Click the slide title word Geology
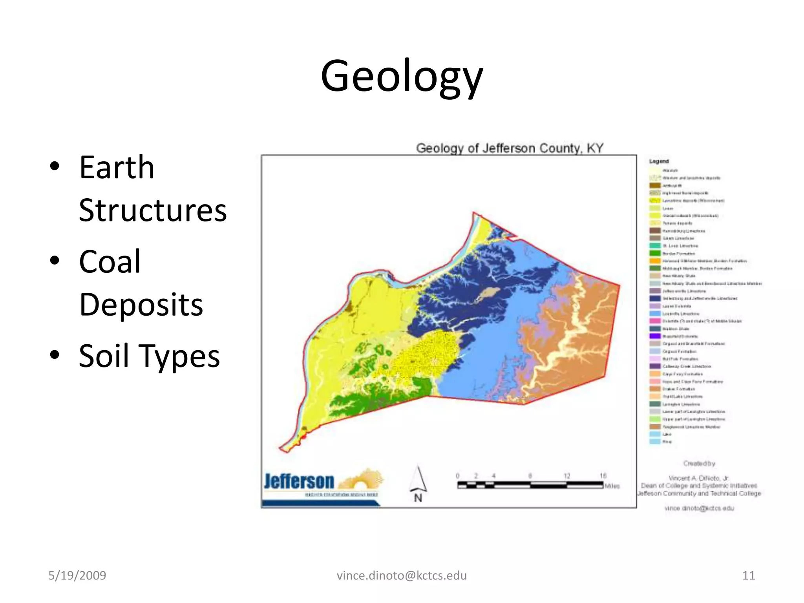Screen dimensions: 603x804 [x=402, y=77]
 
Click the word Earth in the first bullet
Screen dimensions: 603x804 [x=117, y=168]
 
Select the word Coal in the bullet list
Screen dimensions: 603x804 [x=110, y=262]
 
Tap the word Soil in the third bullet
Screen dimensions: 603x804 [x=104, y=356]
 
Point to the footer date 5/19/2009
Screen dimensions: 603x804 [x=77, y=576]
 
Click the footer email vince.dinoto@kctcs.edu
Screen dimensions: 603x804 [x=402, y=576]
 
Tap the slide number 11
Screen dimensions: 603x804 [x=748, y=576]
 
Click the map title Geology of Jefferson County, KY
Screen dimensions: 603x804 [x=509, y=148]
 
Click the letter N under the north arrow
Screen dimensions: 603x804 [x=418, y=498]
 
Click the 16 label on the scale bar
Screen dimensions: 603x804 [x=603, y=476]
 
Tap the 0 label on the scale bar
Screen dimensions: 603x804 [x=458, y=476]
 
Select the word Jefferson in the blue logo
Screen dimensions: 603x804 [x=299, y=481]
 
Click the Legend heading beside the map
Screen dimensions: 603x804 [x=659, y=161]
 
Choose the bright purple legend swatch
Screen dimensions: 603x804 [x=655, y=336]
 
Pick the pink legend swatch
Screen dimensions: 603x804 [x=655, y=321]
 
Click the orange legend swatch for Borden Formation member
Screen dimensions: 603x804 [x=655, y=261]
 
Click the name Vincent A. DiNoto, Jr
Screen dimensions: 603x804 [x=698, y=478]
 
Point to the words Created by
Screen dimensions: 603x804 [x=699, y=464]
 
